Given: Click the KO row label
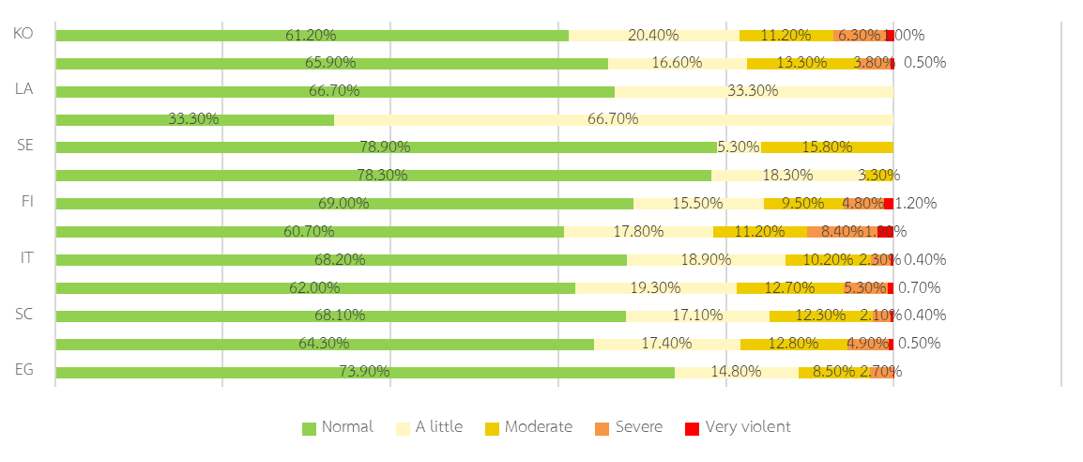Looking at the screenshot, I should tap(24, 34).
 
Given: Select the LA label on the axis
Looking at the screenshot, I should tap(24, 89).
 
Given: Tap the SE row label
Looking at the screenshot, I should tap(25, 146).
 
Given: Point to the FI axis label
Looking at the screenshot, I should tap(26, 202).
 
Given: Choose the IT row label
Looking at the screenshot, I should tap(26, 257).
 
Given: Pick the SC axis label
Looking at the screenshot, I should tap(25, 314).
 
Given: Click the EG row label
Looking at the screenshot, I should tap(25, 369).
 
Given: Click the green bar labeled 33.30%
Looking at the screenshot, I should tap(194, 119).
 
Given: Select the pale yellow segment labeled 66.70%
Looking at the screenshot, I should tap(613, 119).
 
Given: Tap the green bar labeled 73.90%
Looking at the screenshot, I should tap(364, 373).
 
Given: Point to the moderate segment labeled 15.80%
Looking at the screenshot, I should tap(826, 147).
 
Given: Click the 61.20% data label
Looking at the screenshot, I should tap(311, 36).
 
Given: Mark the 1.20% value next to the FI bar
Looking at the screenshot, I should tap(916, 204).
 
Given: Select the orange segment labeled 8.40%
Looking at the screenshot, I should tap(841, 232).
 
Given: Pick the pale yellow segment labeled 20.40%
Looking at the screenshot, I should tap(653, 36).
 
